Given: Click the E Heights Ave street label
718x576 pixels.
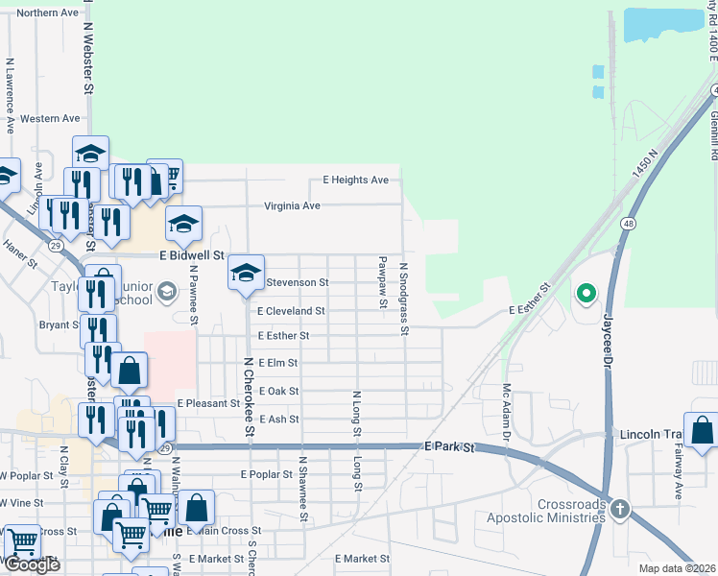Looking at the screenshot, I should click(355, 180).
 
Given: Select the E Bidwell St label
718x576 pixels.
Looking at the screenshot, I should click(191, 256).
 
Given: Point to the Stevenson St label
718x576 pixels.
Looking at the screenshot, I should click(297, 282).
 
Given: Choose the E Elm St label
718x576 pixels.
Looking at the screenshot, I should click(278, 363).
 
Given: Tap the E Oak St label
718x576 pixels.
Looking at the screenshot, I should click(278, 391).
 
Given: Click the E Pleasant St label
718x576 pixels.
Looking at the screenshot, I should click(208, 403).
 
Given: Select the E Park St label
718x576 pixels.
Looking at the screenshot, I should click(450, 446).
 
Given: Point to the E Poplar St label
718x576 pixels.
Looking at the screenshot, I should click(267, 474).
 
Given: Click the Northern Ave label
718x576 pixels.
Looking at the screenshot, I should click(47, 12).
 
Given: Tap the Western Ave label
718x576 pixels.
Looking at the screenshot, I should click(50, 118).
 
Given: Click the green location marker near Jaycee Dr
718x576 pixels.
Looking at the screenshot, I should click(585, 293).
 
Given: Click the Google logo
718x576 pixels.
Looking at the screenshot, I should click(32, 565).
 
